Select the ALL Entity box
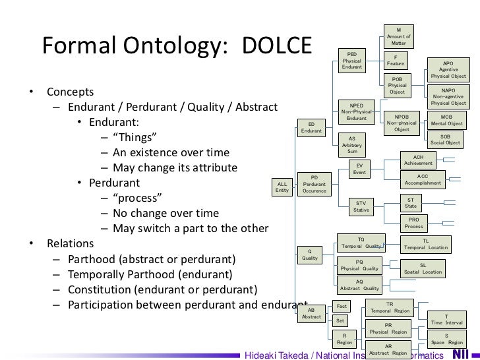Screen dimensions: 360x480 point(282,187)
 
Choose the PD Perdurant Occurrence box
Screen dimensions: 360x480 point(315,184)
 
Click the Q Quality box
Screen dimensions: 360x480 point(310,255)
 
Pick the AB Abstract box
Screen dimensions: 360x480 point(311,313)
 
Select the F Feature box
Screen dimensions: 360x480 point(396,60)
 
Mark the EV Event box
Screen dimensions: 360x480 point(359,168)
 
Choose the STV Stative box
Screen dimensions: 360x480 point(361,206)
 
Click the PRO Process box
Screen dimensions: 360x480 point(413,223)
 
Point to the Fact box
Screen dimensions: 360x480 point(341,307)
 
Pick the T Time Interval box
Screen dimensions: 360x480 point(446,320)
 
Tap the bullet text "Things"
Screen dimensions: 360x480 point(135,138)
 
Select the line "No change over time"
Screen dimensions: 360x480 point(165,214)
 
